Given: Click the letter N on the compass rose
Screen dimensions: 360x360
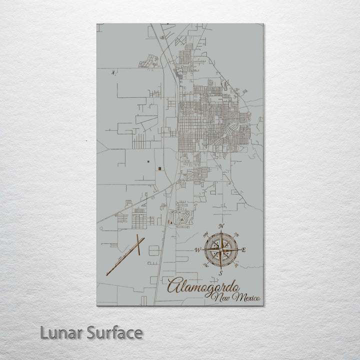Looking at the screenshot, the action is [x=221, y=226].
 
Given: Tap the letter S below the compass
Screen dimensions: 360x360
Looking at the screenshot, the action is [x=220, y=273].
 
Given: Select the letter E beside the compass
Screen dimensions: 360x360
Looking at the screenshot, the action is [x=243, y=250].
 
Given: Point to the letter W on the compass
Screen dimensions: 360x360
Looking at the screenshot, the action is [x=197, y=249].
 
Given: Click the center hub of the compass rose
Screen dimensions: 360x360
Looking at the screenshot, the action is [x=220, y=249].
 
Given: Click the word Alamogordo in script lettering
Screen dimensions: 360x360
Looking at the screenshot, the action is [x=202, y=286].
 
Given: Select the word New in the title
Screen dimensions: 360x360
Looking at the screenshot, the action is [x=220, y=299].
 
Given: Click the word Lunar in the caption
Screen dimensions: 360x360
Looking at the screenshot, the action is [x=61, y=332].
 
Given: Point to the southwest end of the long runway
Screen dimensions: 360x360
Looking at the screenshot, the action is [x=107, y=274].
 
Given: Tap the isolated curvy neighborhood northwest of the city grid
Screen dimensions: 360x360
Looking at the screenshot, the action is [x=148, y=61].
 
